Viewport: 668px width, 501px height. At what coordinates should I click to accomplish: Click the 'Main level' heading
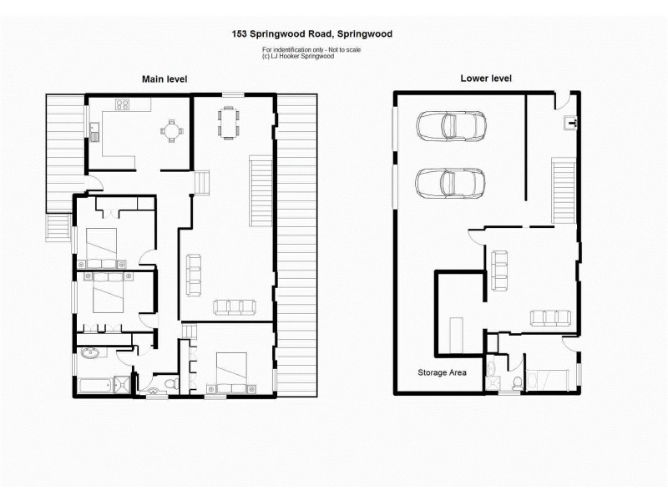tap(164, 78)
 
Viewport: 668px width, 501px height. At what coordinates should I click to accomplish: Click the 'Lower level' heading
tap(486, 78)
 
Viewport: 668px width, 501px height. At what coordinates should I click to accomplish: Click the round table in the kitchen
tap(172, 130)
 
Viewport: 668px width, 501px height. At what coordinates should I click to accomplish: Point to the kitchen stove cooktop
tap(123, 105)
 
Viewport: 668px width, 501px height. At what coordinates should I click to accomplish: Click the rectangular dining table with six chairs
tap(229, 121)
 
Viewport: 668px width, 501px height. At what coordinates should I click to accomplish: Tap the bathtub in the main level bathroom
tap(99, 385)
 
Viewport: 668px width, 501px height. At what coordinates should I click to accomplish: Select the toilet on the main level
tap(170, 384)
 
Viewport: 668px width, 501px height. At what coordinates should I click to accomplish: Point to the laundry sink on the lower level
tap(572, 124)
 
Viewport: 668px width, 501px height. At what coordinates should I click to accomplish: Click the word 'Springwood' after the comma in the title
tap(363, 34)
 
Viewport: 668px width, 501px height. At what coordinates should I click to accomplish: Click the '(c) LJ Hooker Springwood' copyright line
tap(298, 57)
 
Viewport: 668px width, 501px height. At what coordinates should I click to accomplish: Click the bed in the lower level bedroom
tap(551, 377)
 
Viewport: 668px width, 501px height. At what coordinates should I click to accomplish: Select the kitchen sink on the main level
tap(95, 130)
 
